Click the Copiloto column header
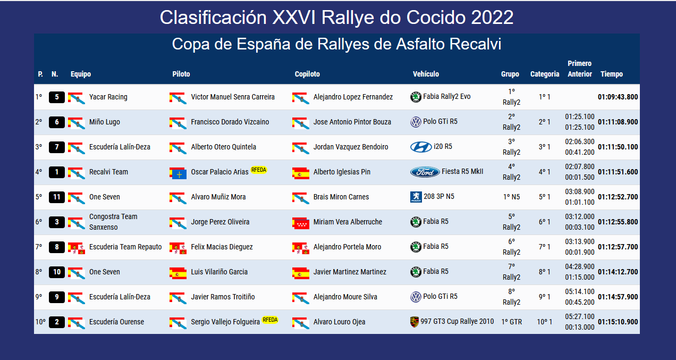[307, 74]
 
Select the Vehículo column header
[426, 74]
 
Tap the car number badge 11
[57, 197]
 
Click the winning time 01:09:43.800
[618, 97]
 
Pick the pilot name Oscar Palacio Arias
[219, 172]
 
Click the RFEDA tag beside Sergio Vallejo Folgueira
[270, 320]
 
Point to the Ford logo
[425, 172]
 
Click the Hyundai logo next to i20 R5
[421, 147]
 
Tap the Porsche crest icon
[415, 322]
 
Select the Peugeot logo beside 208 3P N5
[416, 197]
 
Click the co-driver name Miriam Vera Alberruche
[348, 222]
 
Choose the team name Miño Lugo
[104, 122]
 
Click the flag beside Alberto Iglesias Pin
[301, 173]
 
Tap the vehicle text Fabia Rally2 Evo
[446, 97]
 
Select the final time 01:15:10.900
[618, 322]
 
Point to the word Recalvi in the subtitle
[475, 44]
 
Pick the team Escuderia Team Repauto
[125, 247]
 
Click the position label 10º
[40, 322]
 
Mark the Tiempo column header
[611, 74]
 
